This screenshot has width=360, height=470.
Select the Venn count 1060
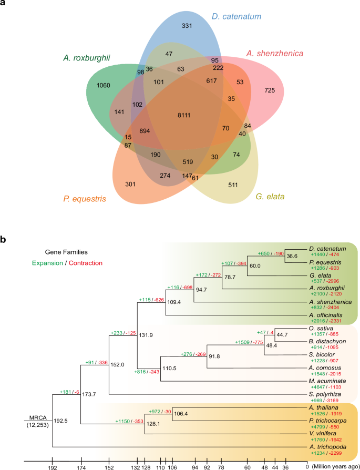pos(104,85)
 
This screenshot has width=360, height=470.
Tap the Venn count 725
pos(270,90)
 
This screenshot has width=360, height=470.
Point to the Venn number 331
pos(187,25)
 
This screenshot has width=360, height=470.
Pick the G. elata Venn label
pos(270,197)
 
